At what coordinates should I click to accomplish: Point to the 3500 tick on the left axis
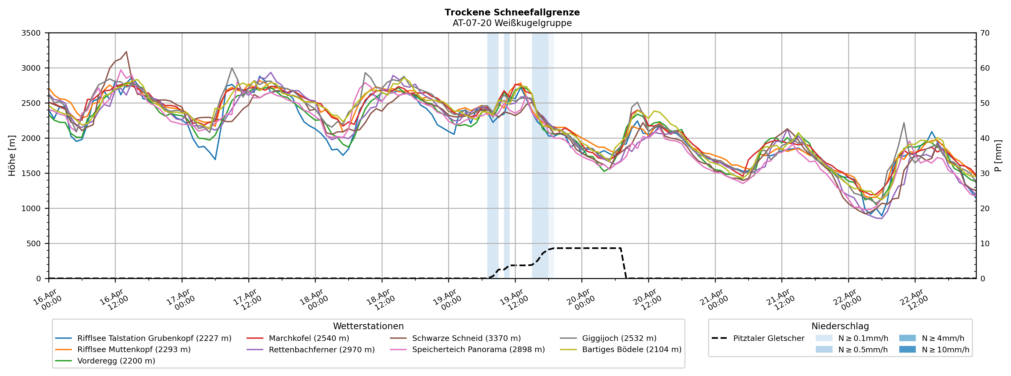tap(31, 33)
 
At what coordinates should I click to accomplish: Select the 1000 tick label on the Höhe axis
tap(31, 208)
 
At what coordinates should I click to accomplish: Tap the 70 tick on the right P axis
tap(985, 33)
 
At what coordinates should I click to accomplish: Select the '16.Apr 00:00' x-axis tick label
tap(48, 300)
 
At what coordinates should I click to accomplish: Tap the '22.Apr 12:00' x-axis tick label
tap(914, 300)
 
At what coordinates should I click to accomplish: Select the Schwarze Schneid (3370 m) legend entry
tap(466, 338)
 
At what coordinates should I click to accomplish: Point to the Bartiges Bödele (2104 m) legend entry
tap(631, 350)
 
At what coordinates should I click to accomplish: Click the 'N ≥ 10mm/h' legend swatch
tap(907, 350)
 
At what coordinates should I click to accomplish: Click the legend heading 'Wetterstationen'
tap(368, 326)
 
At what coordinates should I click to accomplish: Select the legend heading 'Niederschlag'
tap(840, 326)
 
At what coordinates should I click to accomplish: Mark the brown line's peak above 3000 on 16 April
tap(126, 51)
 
